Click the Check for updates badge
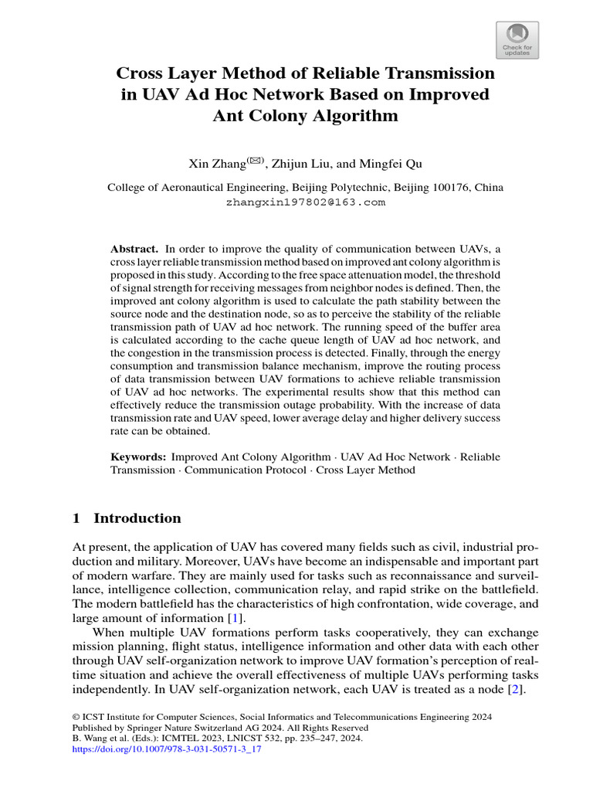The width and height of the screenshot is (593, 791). pos(517,40)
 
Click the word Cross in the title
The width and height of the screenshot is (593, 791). pos(141,74)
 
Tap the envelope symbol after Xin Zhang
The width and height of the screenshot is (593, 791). pos(256,161)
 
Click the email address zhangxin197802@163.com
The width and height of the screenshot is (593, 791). pos(305,202)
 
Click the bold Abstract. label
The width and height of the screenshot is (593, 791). pos(134,248)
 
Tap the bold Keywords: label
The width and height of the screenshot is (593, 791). pos(138,457)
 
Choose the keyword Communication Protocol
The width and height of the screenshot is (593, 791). pos(245,470)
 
